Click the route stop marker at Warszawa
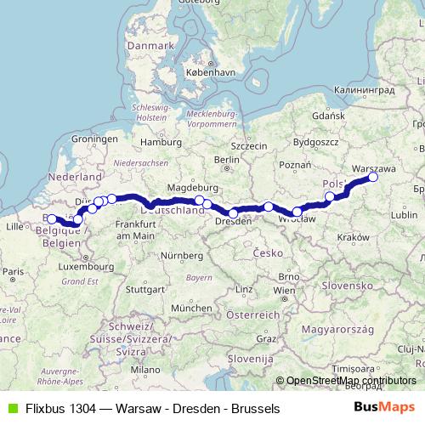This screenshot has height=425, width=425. (372, 177)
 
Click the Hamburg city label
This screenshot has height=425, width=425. (156, 142)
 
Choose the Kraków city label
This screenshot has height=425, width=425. (351, 238)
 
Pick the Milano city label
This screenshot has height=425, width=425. (144, 370)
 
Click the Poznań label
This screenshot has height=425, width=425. (295, 165)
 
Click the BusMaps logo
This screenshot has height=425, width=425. (385, 408)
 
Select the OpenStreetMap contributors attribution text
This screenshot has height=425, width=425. (351, 382)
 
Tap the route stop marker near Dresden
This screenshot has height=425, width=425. (233, 213)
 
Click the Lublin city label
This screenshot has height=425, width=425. (404, 216)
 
